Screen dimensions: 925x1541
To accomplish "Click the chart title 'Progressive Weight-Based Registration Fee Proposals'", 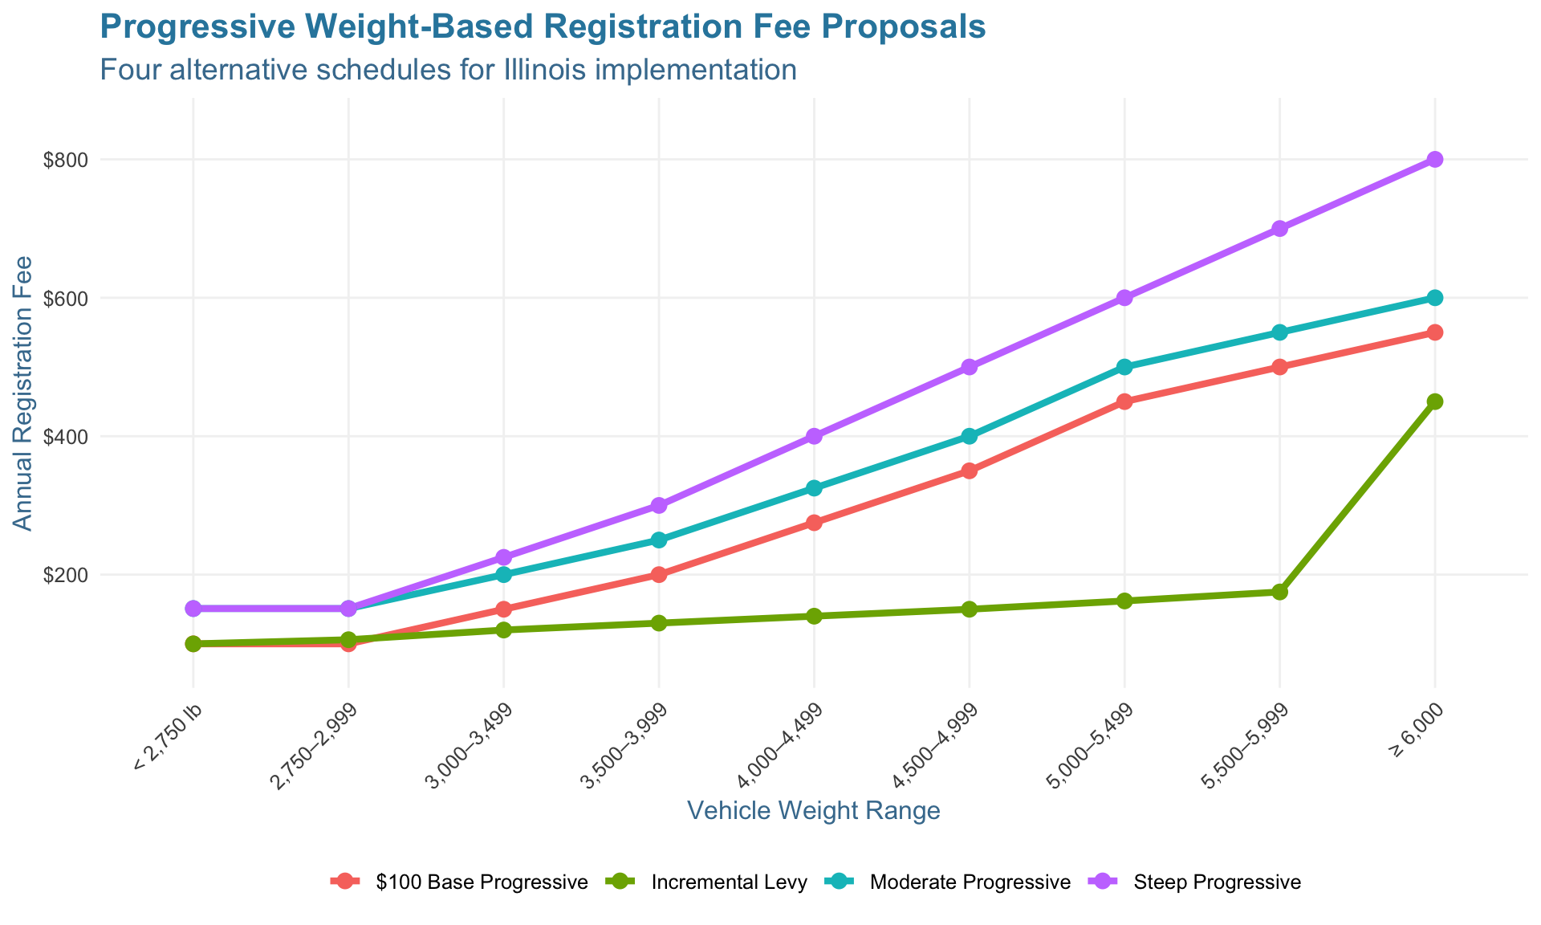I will tap(543, 28).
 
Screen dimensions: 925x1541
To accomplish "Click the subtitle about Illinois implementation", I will tap(448, 71).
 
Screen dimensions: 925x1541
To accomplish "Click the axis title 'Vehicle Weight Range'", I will tap(813, 811).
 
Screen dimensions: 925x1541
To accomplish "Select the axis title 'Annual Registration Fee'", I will tap(24, 393).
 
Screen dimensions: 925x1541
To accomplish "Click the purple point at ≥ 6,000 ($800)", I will tap(1434, 160).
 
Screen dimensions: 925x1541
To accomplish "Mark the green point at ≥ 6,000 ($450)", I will tap(1434, 401).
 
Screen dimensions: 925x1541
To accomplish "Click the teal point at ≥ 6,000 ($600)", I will tap(1434, 298).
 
